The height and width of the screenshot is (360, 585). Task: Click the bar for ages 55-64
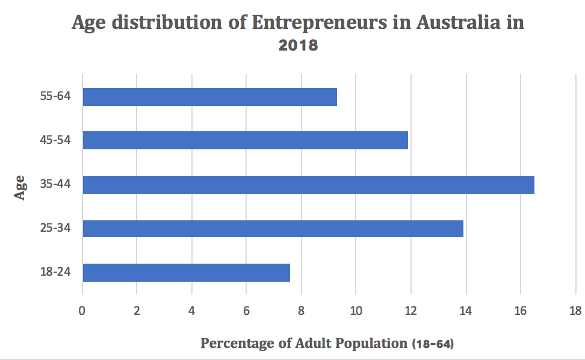click(209, 97)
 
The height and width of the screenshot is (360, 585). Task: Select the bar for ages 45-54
click(245, 140)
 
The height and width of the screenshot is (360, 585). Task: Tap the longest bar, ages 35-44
click(308, 184)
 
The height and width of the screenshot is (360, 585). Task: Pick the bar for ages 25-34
click(273, 229)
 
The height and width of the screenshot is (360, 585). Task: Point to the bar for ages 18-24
click(186, 272)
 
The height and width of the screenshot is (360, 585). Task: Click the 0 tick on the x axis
click(82, 311)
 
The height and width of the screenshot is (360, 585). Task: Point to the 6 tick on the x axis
click(246, 311)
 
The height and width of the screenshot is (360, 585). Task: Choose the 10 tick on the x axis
click(356, 311)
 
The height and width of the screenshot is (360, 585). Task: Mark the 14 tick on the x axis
click(465, 311)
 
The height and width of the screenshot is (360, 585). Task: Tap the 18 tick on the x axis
click(575, 311)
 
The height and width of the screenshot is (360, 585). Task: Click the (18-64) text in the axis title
click(433, 344)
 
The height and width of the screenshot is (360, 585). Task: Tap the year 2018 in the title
click(298, 45)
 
